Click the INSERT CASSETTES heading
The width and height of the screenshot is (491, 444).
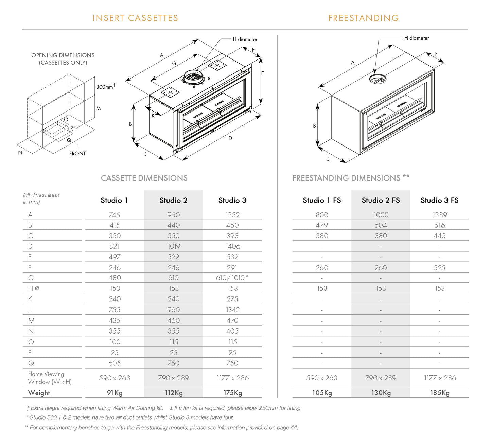(x=135, y=18)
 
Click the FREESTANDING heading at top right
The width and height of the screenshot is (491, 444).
(x=363, y=18)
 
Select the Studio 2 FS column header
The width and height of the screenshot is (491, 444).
(x=381, y=200)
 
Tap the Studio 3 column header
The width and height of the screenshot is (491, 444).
(x=232, y=200)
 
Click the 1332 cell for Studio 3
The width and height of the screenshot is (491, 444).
(x=232, y=215)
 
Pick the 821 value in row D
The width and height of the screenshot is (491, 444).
(x=114, y=246)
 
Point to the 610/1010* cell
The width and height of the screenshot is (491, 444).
(x=232, y=278)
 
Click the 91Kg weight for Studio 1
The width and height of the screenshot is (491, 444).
(x=115, y=393)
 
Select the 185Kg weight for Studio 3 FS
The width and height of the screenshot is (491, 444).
(x=440, y=393)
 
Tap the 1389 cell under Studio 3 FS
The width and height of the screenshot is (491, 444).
(x=440, y=215)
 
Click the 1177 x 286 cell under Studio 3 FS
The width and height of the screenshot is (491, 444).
(x=440, y=378)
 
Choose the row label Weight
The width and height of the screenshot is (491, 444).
(x=39, y=393)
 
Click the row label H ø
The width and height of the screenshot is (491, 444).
(x=33, y=288)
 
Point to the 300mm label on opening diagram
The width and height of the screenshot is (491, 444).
(x=105, y=87)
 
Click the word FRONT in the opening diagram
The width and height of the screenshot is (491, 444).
(x=77, y=154)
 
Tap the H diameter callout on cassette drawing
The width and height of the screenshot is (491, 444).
(x=245, y=39)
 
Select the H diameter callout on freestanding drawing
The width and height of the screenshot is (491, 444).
(x=416, y=38)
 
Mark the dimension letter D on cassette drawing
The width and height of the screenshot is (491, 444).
(x=230, y=138)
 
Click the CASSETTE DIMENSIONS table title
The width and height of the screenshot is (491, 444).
(x=144, y=178)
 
